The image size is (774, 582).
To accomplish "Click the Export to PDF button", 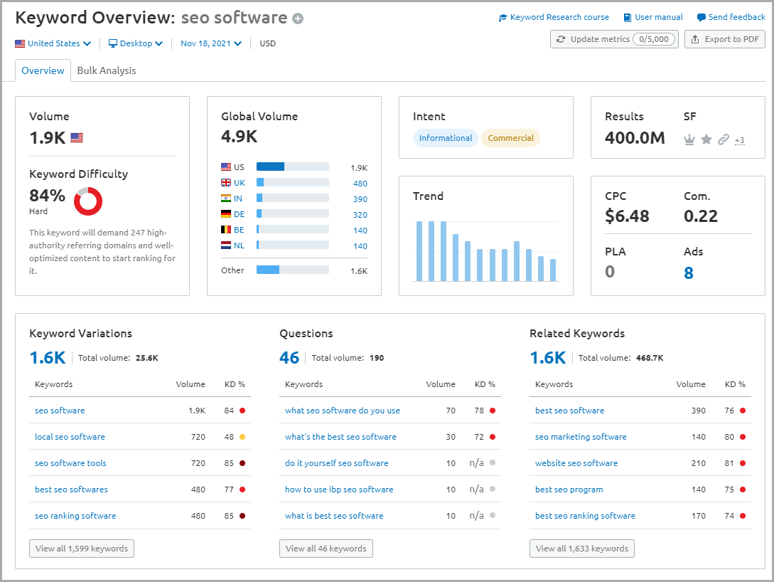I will coord(724,39).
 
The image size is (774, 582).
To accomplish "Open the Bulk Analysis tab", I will coord(107,70).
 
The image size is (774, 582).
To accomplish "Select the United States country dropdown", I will coord(53,43).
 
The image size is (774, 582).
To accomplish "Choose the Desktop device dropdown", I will coord(136,43).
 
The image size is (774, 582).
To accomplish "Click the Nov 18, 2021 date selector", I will coord(210,43).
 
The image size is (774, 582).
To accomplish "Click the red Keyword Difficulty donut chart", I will coord(88,201).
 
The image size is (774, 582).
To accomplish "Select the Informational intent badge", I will coord(445,138).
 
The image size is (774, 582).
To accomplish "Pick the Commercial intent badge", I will coord(510,138).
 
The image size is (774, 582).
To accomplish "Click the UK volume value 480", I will coord(360,184).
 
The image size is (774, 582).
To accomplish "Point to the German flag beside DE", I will coord(226,214).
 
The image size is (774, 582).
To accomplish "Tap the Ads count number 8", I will coord(688,273).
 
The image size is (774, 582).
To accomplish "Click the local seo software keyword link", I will coord(70,437).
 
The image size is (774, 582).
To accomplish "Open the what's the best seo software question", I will coord(340,437).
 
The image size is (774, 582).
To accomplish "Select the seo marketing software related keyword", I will coord(581,437).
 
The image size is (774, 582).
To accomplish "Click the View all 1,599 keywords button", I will coord(82,549).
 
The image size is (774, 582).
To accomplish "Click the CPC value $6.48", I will coord(627,216).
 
